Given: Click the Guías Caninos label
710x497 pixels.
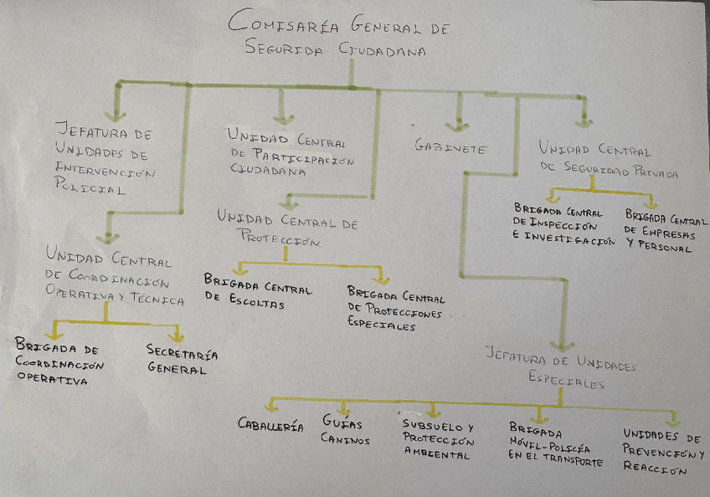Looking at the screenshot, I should [344, 431].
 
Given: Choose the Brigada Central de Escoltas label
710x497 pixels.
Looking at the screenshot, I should [257, 291].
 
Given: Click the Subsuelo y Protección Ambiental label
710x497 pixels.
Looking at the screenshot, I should [438, 439].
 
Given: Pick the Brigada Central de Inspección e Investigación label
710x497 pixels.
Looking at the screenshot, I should [563, 226].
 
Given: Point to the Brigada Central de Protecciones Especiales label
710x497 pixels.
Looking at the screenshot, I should [395, 308].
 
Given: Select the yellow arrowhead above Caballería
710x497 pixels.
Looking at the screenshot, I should [270, 407].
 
